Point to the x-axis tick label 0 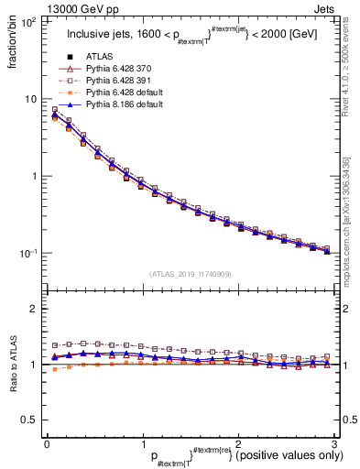(x=47, y=444)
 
